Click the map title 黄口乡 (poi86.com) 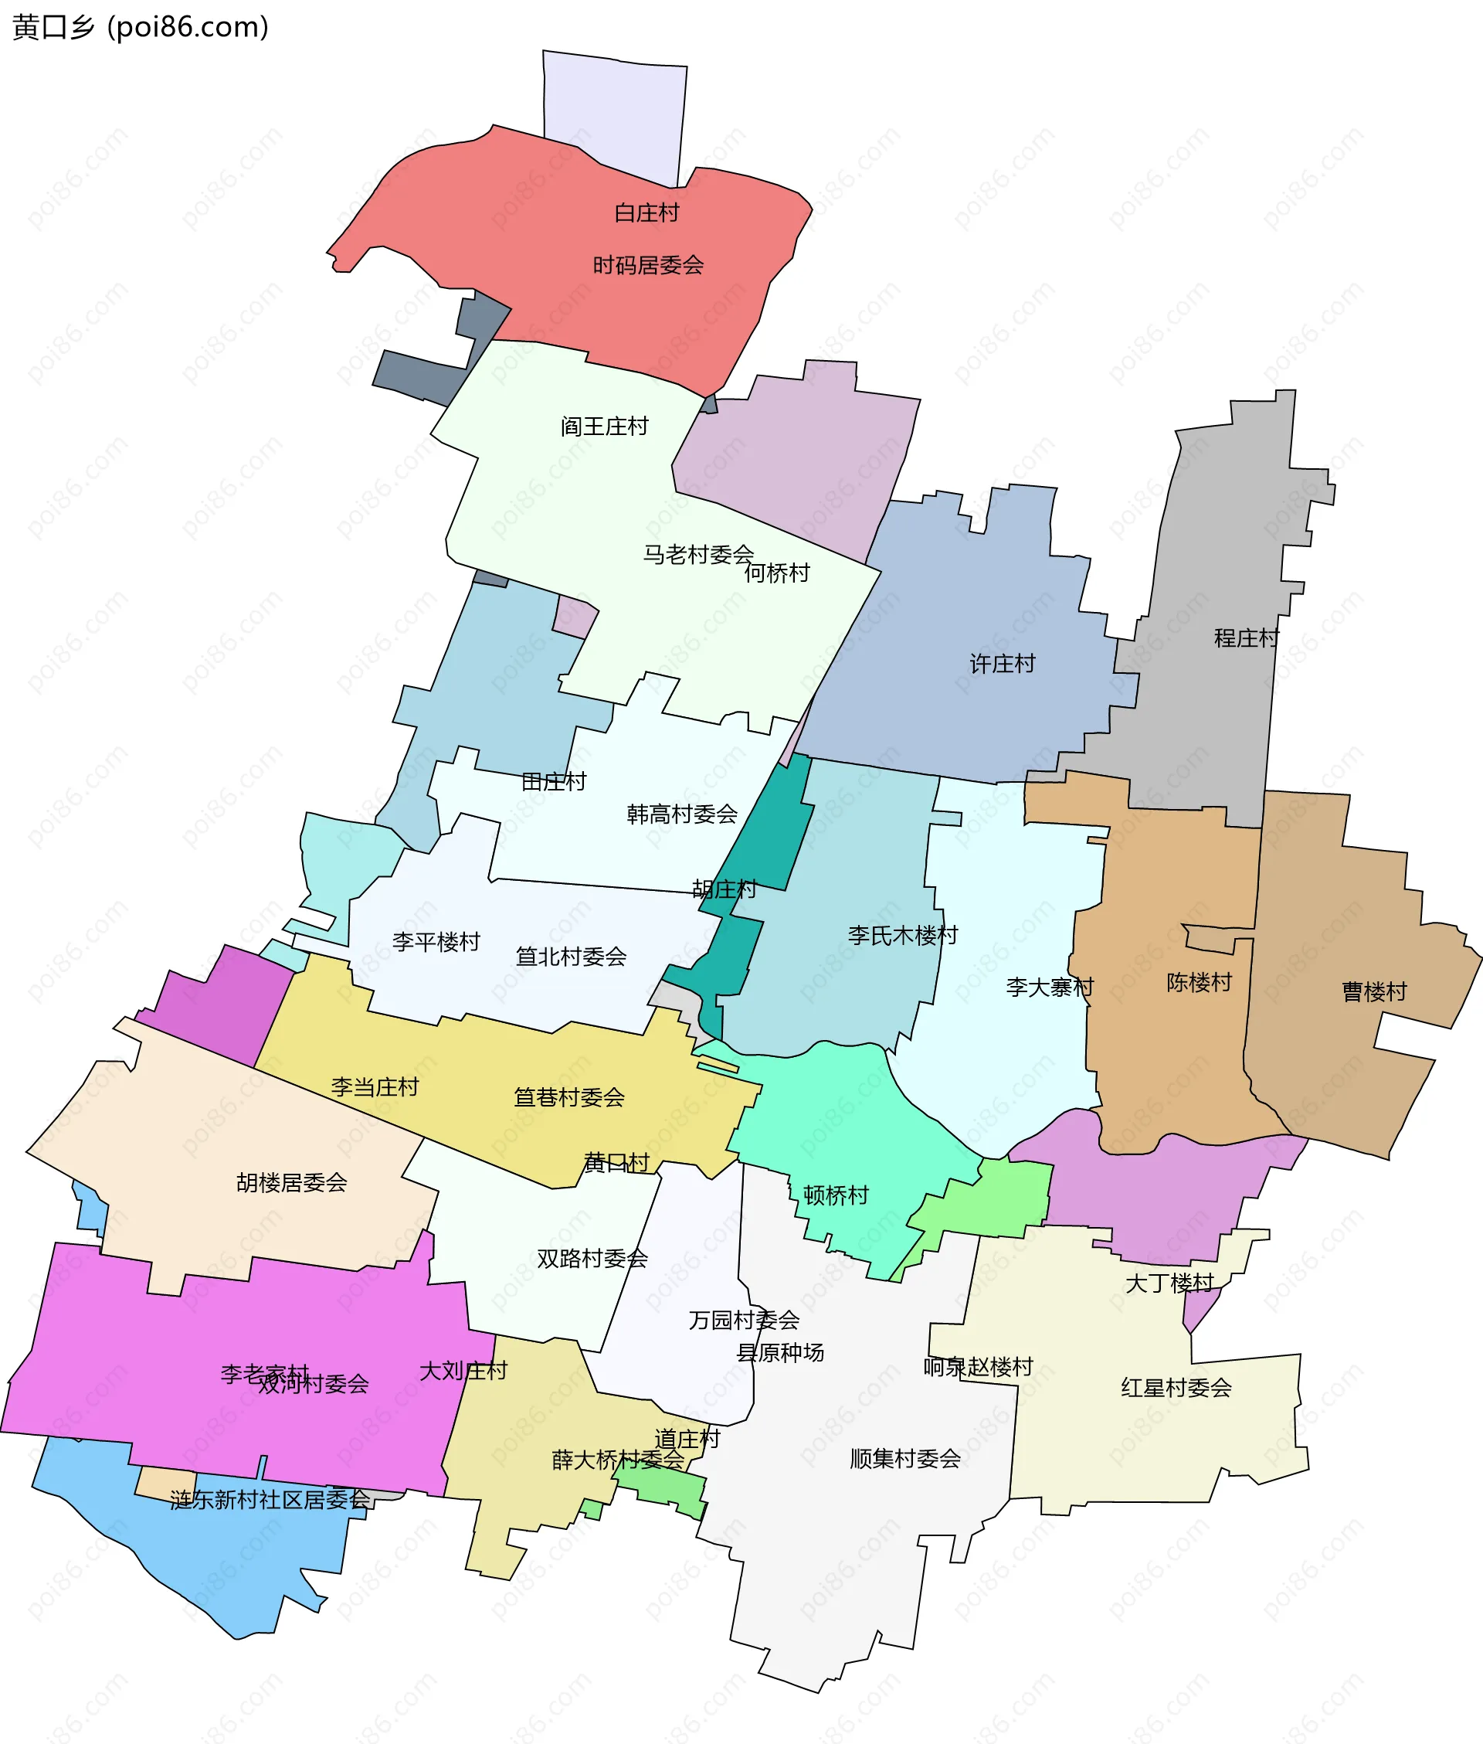(141, 27)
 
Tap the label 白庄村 (646, 212)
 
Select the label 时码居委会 (648, 266)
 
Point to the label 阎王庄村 (605, 427)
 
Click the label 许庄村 (1002, 665)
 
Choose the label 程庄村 (1246, 638)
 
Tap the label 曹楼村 (1374, 992)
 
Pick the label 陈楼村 (1199, 982)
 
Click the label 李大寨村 (1049, 988)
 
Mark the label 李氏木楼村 (903, 935)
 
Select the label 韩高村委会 (682, 814)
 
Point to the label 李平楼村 (436, 942)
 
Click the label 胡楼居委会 (292, 1183)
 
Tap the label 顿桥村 (836, 1195)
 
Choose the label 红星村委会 (1176, 1388)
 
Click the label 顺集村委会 (904, 1458)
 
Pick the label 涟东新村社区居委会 (269, 1499)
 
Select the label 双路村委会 (592, 1259)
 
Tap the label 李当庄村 (375, 1087)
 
